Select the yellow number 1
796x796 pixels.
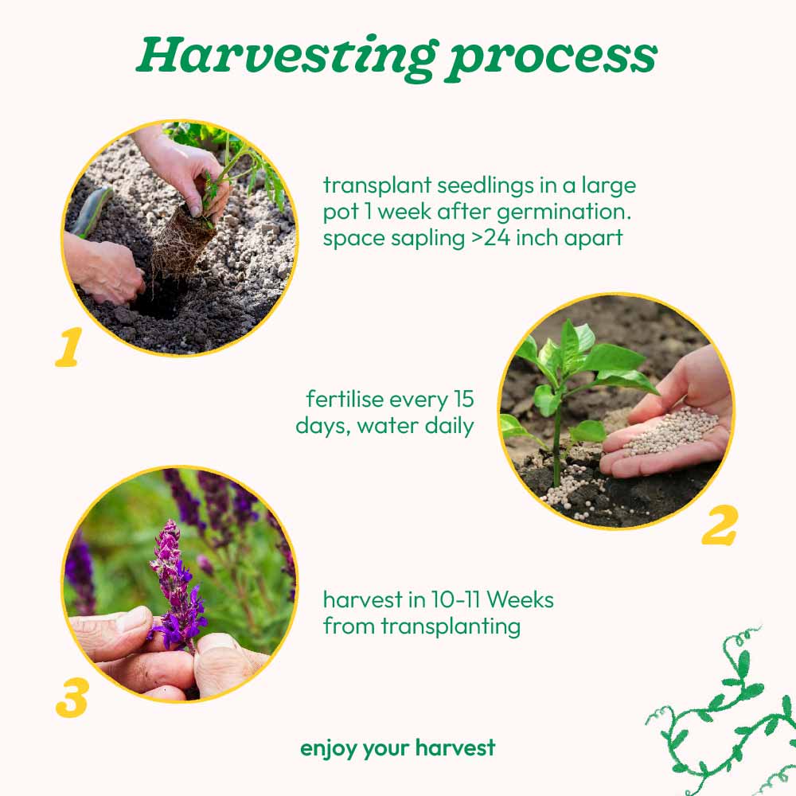click(x=69, y=347)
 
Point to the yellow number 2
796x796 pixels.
click(x=719, y=525)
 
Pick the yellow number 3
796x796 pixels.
click(x=72, y=699)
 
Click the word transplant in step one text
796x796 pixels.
click(x=377, y=185)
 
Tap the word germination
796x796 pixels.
click(x=564, y=213)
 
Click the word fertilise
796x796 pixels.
click(x=345, y=399)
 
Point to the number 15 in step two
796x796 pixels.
click(x=463, y=399)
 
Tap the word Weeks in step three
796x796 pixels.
click(x=520, y=600)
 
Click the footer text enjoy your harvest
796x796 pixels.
click(x=397, y=749)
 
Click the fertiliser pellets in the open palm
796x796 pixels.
click(x=671, y=431)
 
